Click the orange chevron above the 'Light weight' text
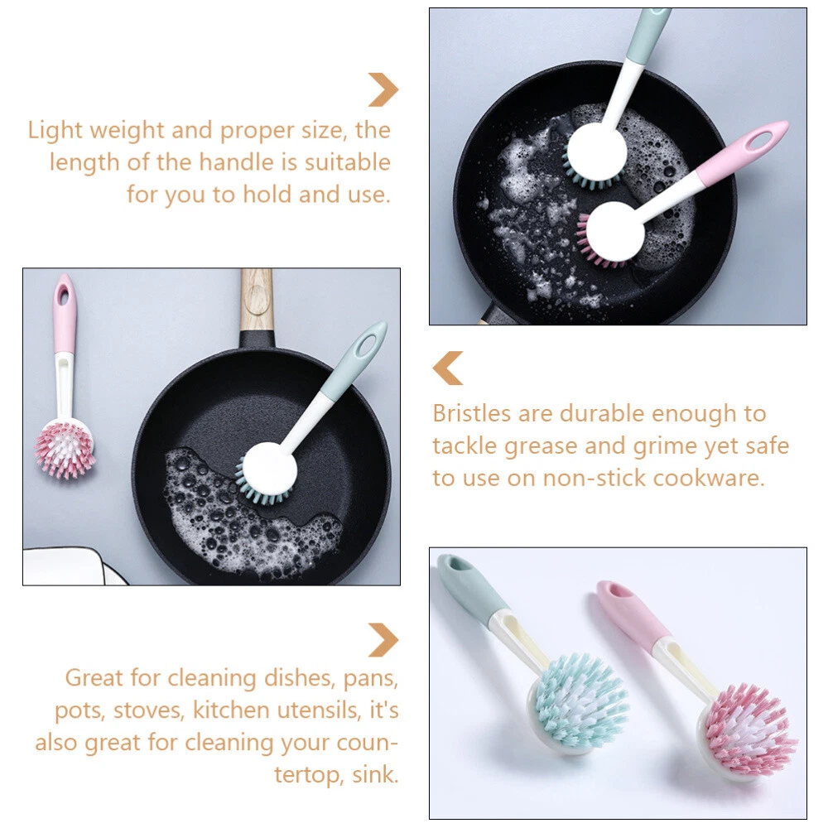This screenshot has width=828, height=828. [x=383, y=89]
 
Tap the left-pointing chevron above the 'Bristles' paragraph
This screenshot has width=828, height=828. [x=448, y=368]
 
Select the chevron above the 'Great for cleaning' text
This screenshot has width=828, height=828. [x=383, y=640]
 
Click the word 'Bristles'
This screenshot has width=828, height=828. [x=472, y=413]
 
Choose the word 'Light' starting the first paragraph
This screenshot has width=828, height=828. [x=55, y=131]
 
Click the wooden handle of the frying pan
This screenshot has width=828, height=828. [x=257, y=301]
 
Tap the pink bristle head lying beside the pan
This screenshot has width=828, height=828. [x=65, y=450]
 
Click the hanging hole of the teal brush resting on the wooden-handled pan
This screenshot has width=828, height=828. [x=365, y=345]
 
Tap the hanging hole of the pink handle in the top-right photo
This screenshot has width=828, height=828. [x=761, y=140]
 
